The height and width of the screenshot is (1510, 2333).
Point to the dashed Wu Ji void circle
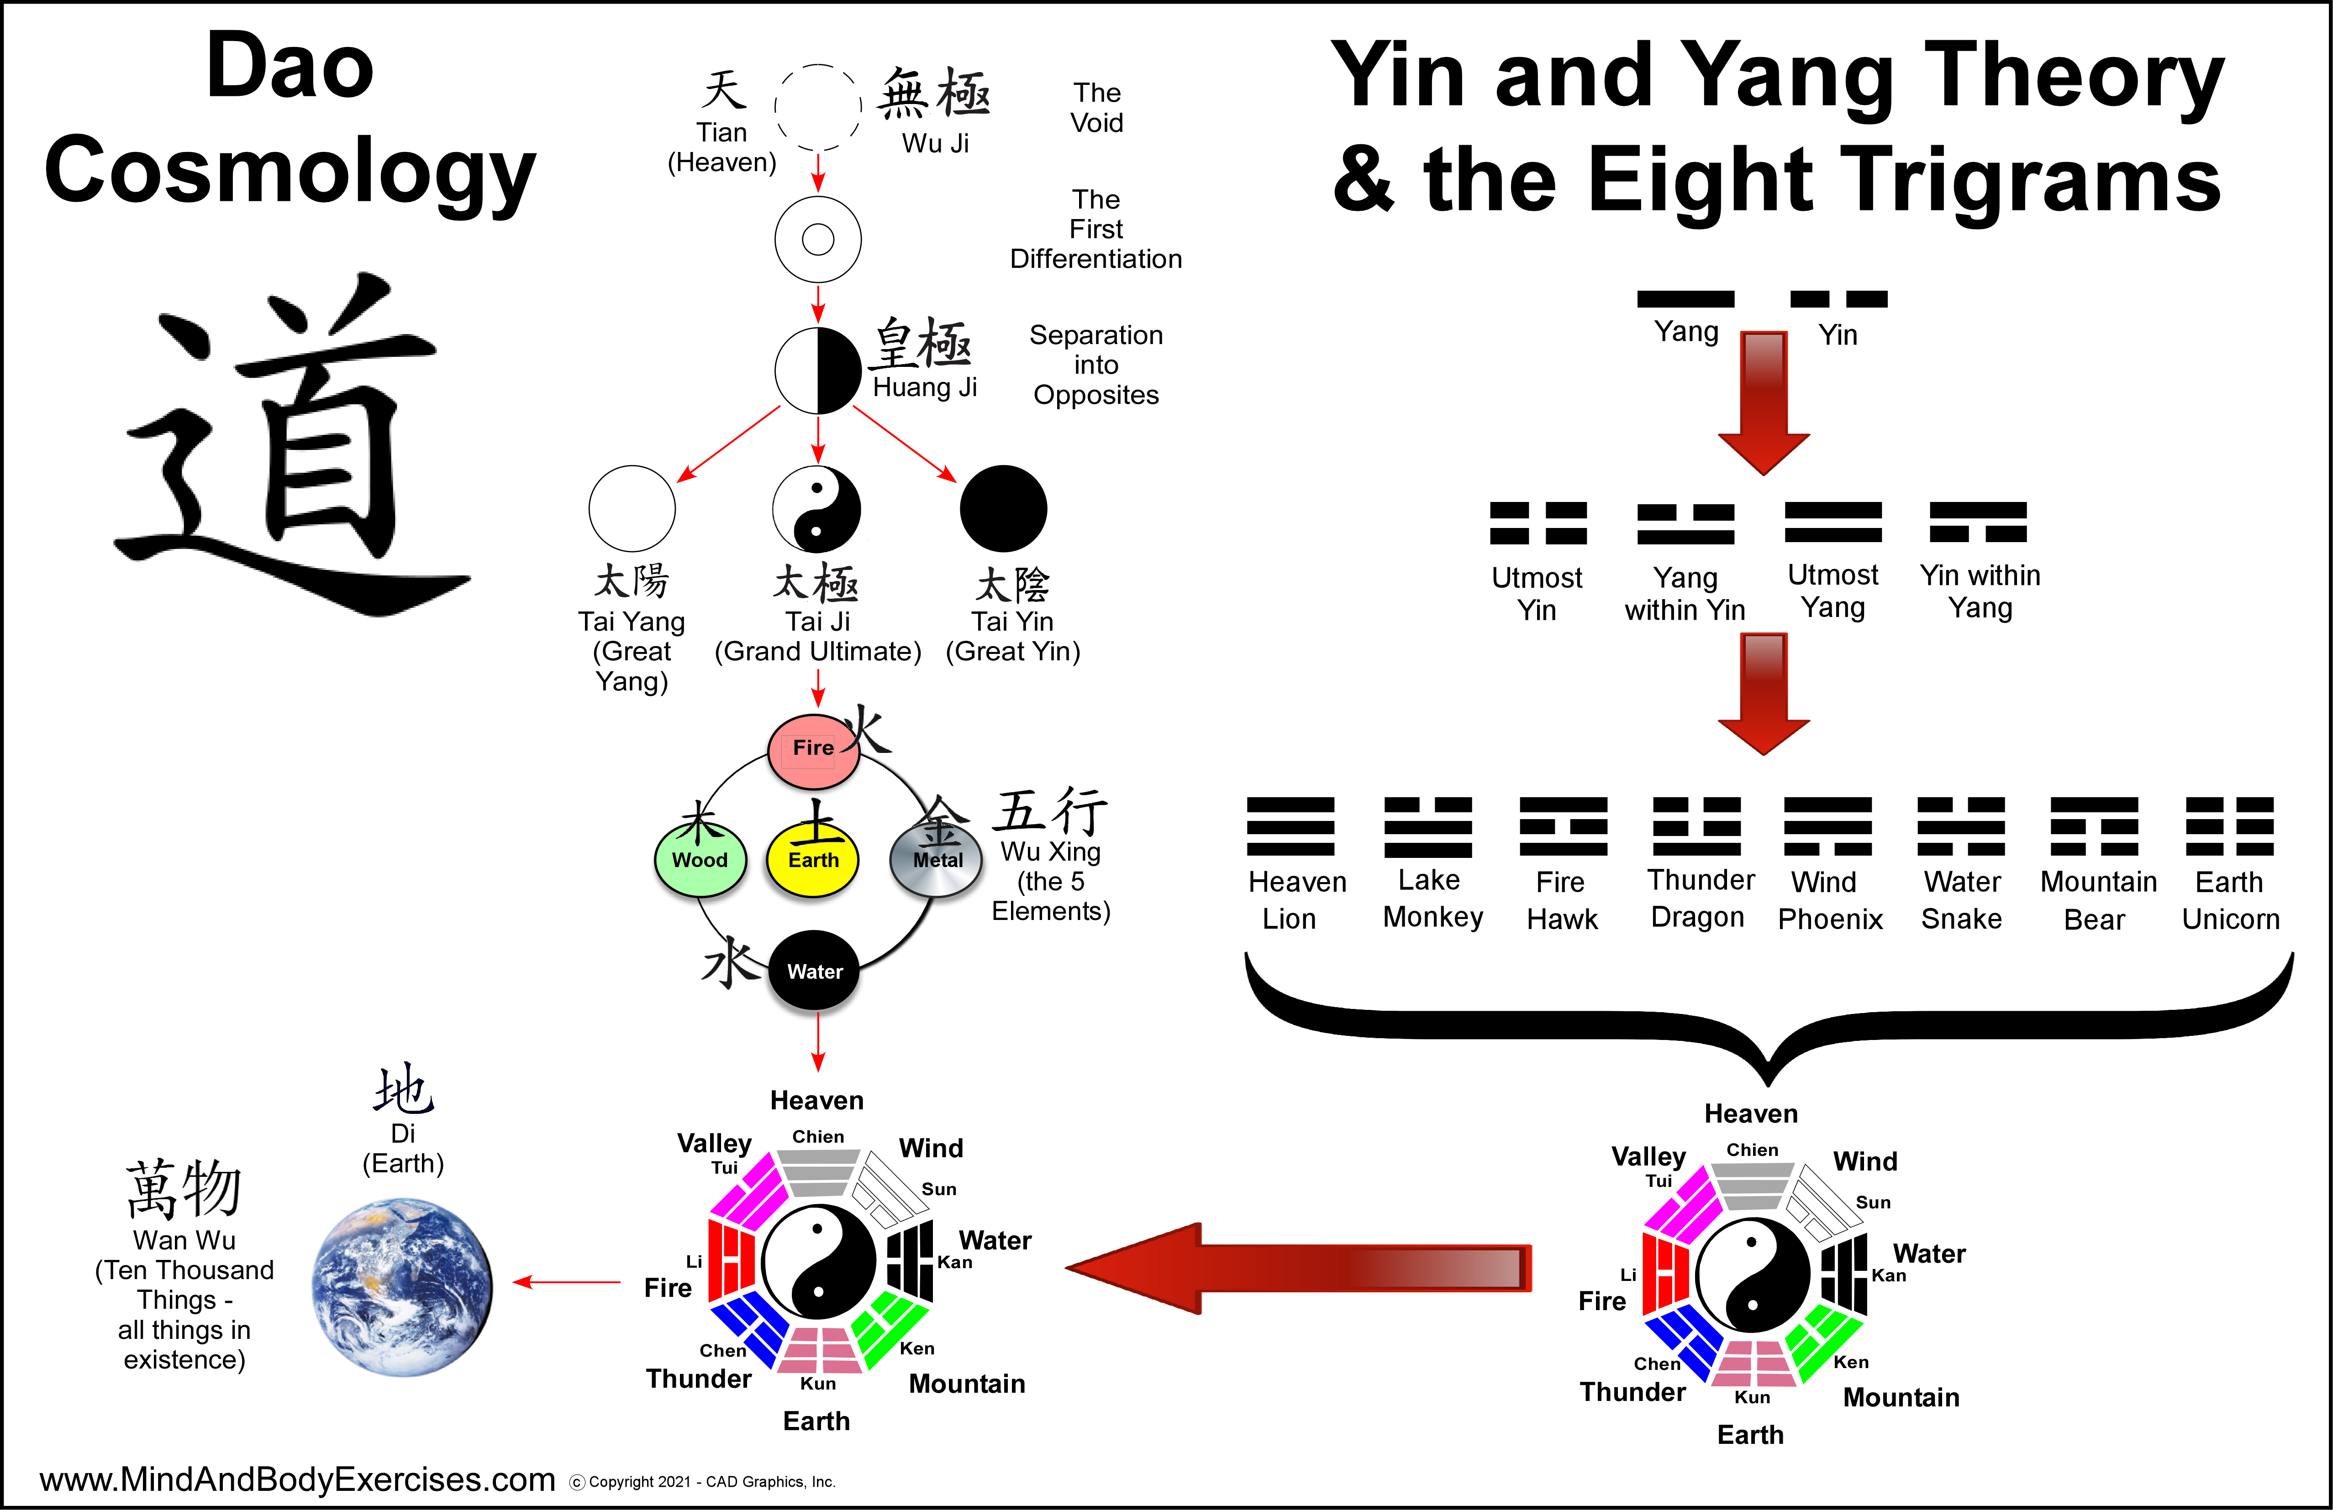coord(817,107)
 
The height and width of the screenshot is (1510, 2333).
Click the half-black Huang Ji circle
coord(817,371)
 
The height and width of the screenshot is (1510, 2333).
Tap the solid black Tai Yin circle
coord(1003,508)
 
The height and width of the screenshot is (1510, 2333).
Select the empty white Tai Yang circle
coord(632,508)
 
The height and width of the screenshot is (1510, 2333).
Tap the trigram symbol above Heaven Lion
coord(1290,826)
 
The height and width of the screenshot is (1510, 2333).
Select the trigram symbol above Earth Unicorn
coord(2229,826)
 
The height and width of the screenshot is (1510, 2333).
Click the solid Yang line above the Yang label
coord(1685,299)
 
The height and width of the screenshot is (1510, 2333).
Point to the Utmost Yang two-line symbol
coord(1832,522)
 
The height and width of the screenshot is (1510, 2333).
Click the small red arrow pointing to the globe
coord(567,1282)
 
